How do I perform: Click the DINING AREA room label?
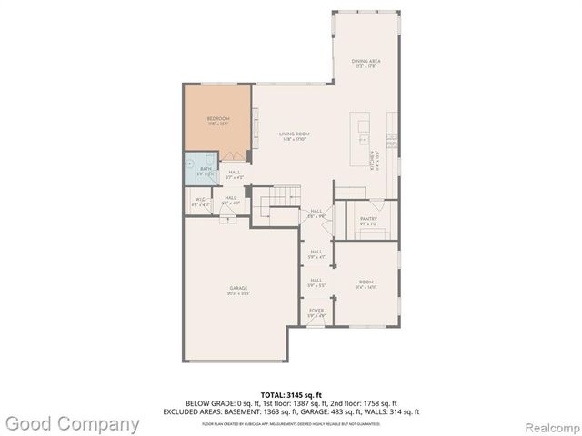[x=366, y=62]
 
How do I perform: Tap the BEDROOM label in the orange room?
[x=217, y=119]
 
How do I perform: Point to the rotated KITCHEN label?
[x=373, y=160]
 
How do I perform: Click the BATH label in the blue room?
[x=206, y=168]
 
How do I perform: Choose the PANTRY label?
[x=367, y=219]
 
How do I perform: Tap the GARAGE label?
[x=238, y=289]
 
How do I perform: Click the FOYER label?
[x=316, y=311]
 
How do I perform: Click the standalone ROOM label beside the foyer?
[x=366, y=282]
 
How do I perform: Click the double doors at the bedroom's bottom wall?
[x=232, y=155]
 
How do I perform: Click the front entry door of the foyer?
[x=316, y=324]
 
